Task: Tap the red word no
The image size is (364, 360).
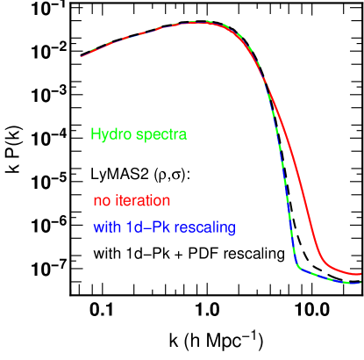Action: pyautogui.click(x=102, y=201)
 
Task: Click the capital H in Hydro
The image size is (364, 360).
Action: pyautogui.click(x=95, y=135)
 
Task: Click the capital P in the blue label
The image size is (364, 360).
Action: pyautogui.click(x=155, y=228)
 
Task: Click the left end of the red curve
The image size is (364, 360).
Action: pyautogui.click(x=82, y=57)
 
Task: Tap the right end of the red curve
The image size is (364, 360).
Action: pyautogui.click(x=360, y=274)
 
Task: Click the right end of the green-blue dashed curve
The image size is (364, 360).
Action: pyautogui.click(x=360, y=283)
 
